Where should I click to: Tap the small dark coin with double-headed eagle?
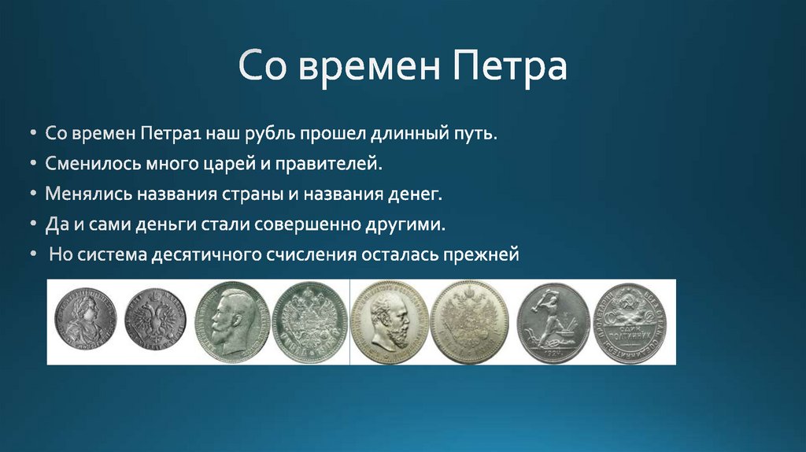coord(154,322)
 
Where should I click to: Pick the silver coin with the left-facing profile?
coord(231,322)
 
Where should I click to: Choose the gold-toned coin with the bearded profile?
coord(390,322)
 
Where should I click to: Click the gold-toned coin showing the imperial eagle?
coord(470,322)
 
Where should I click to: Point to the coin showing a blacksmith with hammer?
coord(553,322)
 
